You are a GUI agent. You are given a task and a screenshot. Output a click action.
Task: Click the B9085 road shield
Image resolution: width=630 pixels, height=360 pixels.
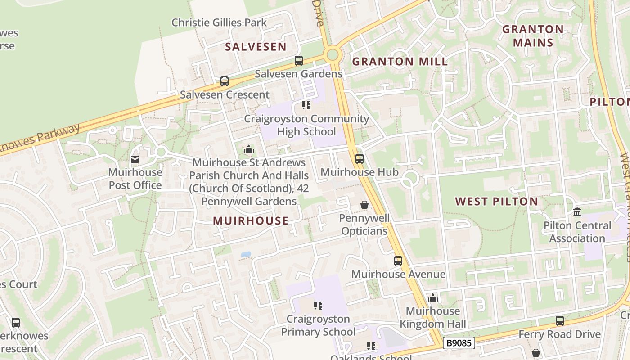click(459, 343)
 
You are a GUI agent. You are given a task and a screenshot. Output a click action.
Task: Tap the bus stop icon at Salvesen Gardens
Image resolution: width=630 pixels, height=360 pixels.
click(298, 61)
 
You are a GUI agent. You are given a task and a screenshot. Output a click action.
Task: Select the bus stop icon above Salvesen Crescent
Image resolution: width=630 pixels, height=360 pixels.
click(224, 81)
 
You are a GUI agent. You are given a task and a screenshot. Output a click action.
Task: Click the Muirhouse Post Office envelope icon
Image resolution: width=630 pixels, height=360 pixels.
click(135, 159)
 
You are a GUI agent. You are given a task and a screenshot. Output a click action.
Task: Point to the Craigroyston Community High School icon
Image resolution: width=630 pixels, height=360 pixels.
click(306, 105)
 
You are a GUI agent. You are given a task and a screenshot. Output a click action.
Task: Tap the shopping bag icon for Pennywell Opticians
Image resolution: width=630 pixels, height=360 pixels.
click(364, 205)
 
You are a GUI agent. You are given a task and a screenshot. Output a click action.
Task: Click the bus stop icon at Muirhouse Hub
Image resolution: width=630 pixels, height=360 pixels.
click(359, 159)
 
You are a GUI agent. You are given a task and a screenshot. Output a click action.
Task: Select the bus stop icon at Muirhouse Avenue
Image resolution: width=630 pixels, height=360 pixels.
click(398, 261)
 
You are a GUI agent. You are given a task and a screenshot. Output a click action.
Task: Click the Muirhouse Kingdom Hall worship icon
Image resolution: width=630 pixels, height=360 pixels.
click(432, 298)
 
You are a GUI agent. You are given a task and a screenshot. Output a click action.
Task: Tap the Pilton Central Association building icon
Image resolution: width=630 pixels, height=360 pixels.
click(577, 212)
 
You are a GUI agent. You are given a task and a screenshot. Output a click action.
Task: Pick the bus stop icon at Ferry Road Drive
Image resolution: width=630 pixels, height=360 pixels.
click(559, 321)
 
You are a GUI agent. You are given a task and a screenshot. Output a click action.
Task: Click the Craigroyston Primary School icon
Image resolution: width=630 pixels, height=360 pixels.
click(318, 306)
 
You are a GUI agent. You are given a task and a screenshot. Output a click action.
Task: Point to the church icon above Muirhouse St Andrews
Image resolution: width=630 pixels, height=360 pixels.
click(248, 149)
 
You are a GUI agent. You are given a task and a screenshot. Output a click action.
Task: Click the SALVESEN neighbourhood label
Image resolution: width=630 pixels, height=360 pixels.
click(256, 47)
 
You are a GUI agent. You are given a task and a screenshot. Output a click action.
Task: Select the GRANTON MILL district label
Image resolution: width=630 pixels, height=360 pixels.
click(400, 62)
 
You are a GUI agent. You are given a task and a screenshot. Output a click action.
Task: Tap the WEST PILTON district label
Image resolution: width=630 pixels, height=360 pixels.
click(496, 202)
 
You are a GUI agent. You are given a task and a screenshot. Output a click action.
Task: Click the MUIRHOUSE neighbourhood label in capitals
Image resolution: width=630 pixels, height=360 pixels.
click(251, 220)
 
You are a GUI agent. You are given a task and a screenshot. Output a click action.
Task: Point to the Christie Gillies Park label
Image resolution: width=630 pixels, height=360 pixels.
click(219, 22)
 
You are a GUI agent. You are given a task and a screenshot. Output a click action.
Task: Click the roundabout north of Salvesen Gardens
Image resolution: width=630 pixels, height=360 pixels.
click(333, 55)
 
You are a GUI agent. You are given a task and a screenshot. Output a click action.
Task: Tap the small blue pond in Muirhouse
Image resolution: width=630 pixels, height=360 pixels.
click(246, 254)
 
